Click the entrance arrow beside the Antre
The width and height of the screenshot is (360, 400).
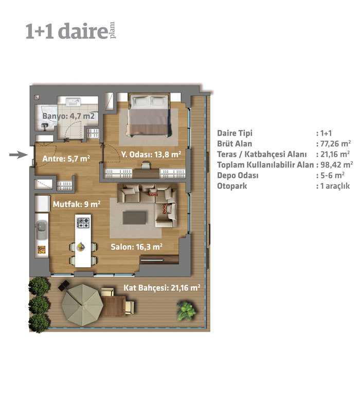coord(19,155)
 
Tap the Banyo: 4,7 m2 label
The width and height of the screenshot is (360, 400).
coord(68,116)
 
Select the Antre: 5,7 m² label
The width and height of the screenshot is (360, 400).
coord(66,159)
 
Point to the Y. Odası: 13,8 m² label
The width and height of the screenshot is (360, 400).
coord(151,154)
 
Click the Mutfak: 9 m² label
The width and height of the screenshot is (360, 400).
coord(77,204)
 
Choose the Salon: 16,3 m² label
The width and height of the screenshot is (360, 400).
coord(136,247)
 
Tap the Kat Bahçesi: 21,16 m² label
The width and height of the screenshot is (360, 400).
coord(162,288)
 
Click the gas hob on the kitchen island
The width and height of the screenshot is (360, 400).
coord(83,223)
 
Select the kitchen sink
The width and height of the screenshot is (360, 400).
coord(42,230)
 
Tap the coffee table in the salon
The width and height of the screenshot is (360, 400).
coord(134,218)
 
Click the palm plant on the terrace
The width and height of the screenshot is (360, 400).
coord(187,311)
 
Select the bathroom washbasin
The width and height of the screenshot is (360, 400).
coord(74,102)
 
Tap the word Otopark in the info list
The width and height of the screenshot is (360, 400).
coord(232,186)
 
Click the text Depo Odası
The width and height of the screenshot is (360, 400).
coord(238,175)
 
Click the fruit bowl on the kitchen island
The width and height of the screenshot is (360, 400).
coord(81,246)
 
